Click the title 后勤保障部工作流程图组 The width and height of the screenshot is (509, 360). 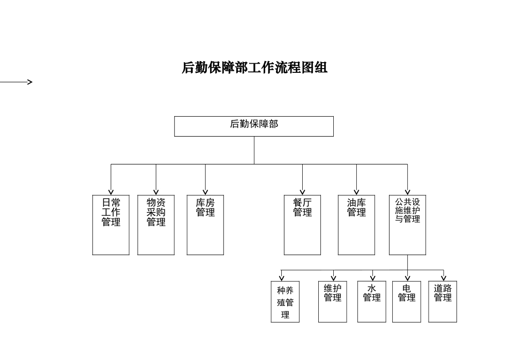254,68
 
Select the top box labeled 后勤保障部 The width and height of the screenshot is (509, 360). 254,126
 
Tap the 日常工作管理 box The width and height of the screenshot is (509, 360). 111,225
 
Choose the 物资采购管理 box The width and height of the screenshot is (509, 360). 156,225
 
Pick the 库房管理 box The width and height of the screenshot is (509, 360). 205,225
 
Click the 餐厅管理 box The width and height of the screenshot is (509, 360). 302,225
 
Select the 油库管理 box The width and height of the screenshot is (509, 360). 356,225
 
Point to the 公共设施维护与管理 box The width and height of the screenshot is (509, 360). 407,225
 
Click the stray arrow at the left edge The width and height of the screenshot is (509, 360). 16,82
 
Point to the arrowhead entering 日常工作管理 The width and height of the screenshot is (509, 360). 111,192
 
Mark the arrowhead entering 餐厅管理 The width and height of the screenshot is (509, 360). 302,192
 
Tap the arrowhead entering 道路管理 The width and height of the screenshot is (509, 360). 444,277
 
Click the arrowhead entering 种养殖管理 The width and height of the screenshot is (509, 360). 282,277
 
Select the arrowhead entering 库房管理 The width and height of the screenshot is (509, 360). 205,192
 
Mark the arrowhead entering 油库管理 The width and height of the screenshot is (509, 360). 356,192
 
